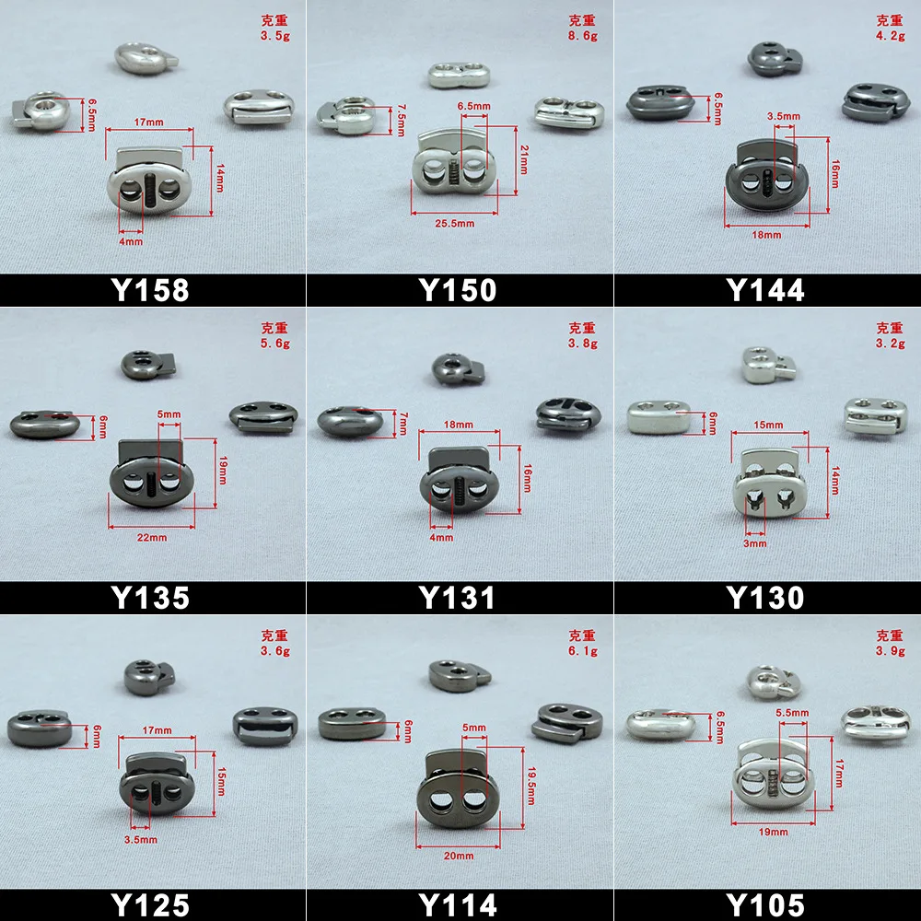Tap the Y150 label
click(x=458, y=290)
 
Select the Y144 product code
click(x=765, y=290)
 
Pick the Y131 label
click(x=458, y=598)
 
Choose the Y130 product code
click(x=765, y=598)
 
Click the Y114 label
click(x=458, y=904)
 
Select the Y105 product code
click(x=765, y=904)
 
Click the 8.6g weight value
click(x=583, y=37)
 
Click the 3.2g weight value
click(x=890, y=344)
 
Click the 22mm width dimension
click(x=152, y=537)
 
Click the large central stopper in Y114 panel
click(x=456, y=790)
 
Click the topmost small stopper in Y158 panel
click(x=139, y=57)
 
